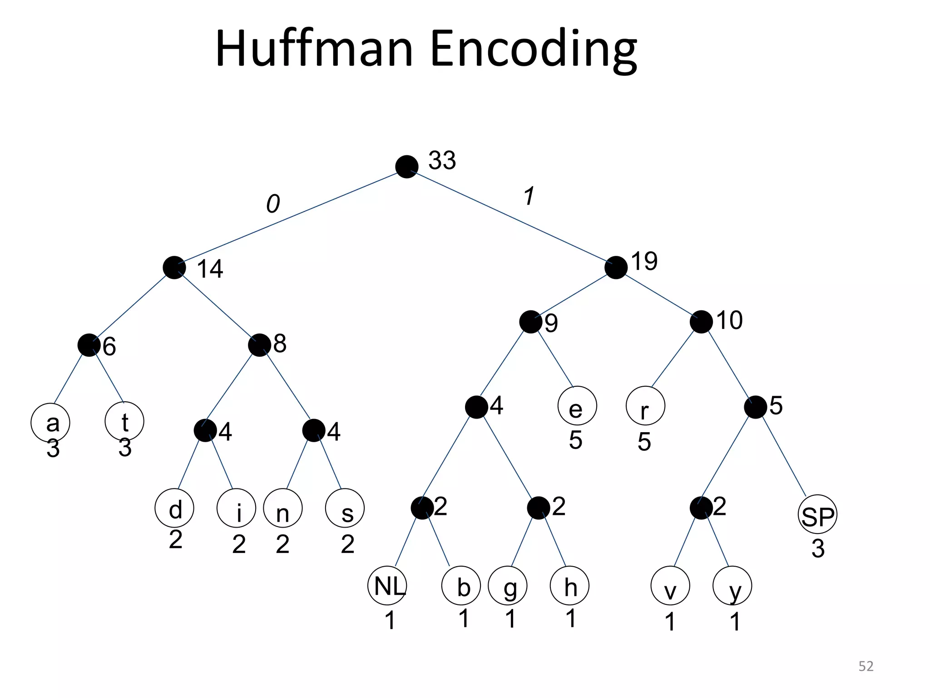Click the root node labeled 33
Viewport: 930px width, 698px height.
click(406, 167)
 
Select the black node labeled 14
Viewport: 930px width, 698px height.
click(174, 268)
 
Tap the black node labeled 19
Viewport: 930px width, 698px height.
click(616, 268)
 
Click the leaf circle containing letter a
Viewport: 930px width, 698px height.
click(50, 423)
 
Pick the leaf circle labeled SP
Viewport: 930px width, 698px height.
click(817, 514)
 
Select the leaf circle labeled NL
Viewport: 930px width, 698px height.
click(387, 586)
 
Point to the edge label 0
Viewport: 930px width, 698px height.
click(272, 204)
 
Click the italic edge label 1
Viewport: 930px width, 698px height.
click(529, 196)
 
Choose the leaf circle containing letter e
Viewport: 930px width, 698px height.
click(577, 406)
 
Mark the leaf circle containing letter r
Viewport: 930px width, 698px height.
click(645, 406)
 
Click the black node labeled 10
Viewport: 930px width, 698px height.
click(701, 322)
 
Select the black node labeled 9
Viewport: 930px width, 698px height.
click(530, 322)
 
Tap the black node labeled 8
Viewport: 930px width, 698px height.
click(259, 345)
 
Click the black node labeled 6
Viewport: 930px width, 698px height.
click(89, 345)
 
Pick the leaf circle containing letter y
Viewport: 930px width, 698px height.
click(732, 586)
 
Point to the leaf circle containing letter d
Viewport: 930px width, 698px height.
click(174, 508)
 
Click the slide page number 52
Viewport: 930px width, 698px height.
click(866, 666)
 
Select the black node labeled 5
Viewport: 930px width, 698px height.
click(755, 407)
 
